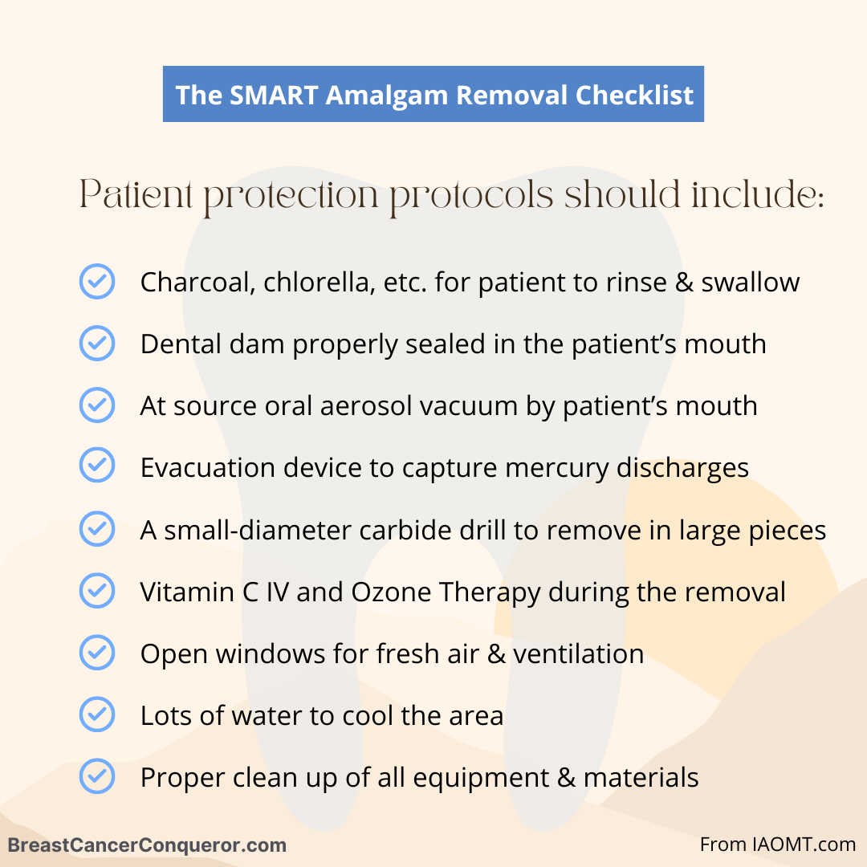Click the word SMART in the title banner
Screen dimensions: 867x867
click(x=274, y=95)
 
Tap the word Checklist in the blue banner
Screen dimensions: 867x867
click(x=634, y=95)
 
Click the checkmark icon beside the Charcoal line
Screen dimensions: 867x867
click(x=97, y=282)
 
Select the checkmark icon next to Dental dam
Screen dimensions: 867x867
click(x=97, y=344)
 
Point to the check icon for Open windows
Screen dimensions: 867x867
click(x=97, y=653)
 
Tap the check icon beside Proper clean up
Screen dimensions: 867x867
click(x=97, y=776)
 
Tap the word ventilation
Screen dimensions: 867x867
click(x=578, y=653)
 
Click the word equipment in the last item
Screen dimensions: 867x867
click(x=481, y=778)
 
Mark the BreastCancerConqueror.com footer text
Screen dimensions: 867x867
click(x=147, y=845)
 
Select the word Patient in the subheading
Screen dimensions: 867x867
click(x=136, y=194)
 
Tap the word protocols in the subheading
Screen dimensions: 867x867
click(x=472, y=197)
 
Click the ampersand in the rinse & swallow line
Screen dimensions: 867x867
click(x=684, y=282)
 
